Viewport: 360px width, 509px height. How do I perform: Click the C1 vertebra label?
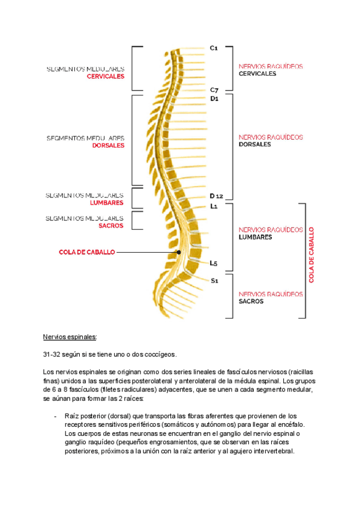214,47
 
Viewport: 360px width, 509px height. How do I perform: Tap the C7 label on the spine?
214,90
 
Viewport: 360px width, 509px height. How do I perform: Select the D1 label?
214,99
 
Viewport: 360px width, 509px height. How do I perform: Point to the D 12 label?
217,196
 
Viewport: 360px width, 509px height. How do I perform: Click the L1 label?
214,206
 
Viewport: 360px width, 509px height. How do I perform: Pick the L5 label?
214,263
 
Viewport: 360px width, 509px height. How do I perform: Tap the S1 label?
214,280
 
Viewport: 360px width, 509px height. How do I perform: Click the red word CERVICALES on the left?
106,77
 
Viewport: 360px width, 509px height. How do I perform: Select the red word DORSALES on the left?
109,145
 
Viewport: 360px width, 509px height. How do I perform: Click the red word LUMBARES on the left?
107,203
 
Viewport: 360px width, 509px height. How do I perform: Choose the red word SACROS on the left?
112,226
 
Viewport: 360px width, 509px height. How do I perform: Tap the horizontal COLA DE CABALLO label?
87,253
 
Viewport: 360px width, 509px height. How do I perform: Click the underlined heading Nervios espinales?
70,337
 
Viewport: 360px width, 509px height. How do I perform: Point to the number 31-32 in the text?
52,354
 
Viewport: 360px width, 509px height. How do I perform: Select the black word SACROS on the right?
251,302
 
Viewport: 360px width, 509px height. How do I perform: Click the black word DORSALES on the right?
254,145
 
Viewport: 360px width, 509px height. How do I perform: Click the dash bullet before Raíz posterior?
55,416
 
